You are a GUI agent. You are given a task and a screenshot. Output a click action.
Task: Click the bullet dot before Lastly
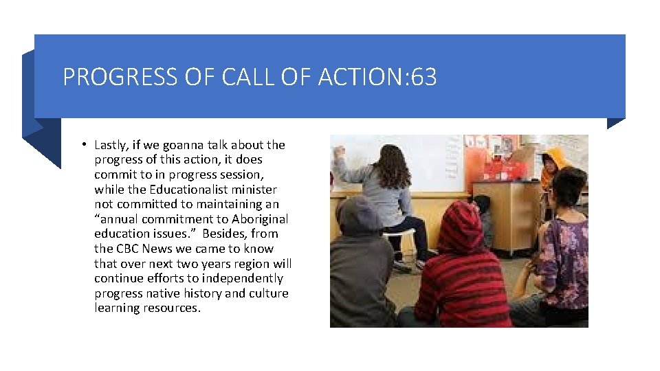tap(82, 144)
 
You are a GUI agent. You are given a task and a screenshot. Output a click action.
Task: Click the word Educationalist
tap(192, 189)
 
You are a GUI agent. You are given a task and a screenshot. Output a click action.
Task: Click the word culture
tap(268, 293)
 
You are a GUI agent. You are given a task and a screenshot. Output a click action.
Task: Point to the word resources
tap(172, 308)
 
